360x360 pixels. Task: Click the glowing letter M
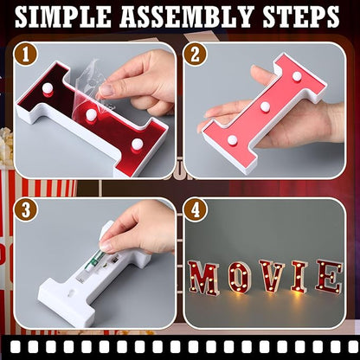click(x=204, y=278)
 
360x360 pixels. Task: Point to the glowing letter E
click(x=328, y=276)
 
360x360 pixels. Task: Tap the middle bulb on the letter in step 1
click(x=90, y=114)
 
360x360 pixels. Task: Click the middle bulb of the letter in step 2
click(x=265, y=106)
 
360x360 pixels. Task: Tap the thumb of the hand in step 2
click(x=260, y=76)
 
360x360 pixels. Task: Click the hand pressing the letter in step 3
click(x=138, y=229)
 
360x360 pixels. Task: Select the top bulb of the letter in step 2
click(x=297, y=76)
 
